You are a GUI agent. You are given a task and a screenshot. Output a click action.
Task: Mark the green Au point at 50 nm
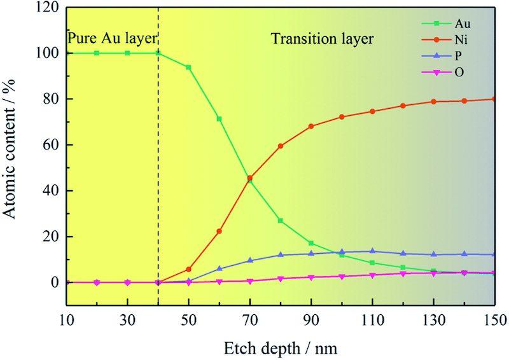(188, 67)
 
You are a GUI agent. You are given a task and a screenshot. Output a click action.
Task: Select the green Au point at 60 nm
(219, 119)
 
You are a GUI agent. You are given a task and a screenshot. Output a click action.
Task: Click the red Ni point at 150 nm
(494, 99)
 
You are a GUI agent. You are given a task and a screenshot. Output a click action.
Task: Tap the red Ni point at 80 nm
(280, 146)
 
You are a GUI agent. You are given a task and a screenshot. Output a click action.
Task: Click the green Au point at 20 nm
(97, 53)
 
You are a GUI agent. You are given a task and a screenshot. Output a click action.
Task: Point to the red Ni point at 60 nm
(219, 231)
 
